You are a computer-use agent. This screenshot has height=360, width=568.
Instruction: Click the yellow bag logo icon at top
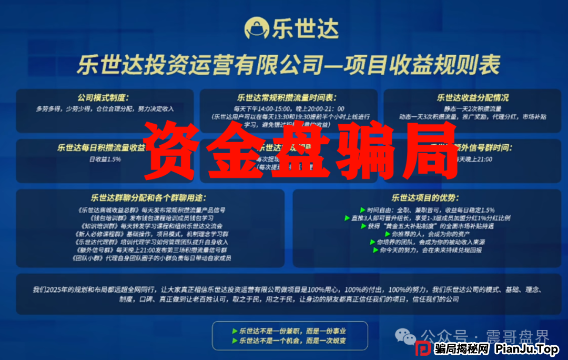[x=257, y=27]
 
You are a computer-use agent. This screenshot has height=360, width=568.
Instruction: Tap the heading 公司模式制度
[x=103, y=98]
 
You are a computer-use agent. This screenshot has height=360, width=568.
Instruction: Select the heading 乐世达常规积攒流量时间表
[x=287, y=98]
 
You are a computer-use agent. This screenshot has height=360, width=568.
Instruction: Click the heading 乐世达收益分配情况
[x=473, y=98]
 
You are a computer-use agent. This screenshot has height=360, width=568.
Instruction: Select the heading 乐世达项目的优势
[x=425, y=198]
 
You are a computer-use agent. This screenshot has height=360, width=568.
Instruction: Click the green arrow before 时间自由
[x=362, y=210]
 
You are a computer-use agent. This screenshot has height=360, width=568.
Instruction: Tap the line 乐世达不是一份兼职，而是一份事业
[x=289, y=332]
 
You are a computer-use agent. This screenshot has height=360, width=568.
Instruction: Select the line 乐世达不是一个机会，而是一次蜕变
[x=289, y=341]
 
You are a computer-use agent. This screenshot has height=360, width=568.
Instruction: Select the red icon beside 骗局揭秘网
[x=423, y=349]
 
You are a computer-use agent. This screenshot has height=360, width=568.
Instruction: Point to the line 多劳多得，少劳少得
[x=104, y=109]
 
